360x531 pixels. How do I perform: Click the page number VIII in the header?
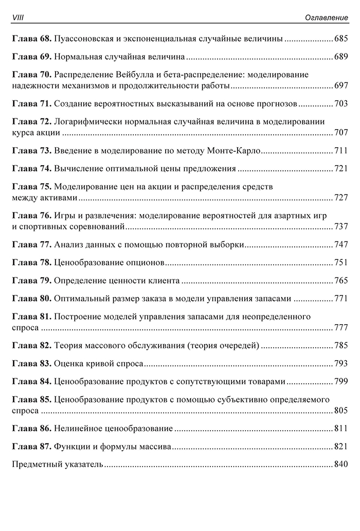18,18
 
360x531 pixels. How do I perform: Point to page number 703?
341,104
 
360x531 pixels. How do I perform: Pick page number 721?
341,169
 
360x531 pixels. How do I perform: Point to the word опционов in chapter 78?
146,263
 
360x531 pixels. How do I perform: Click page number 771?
341,299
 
